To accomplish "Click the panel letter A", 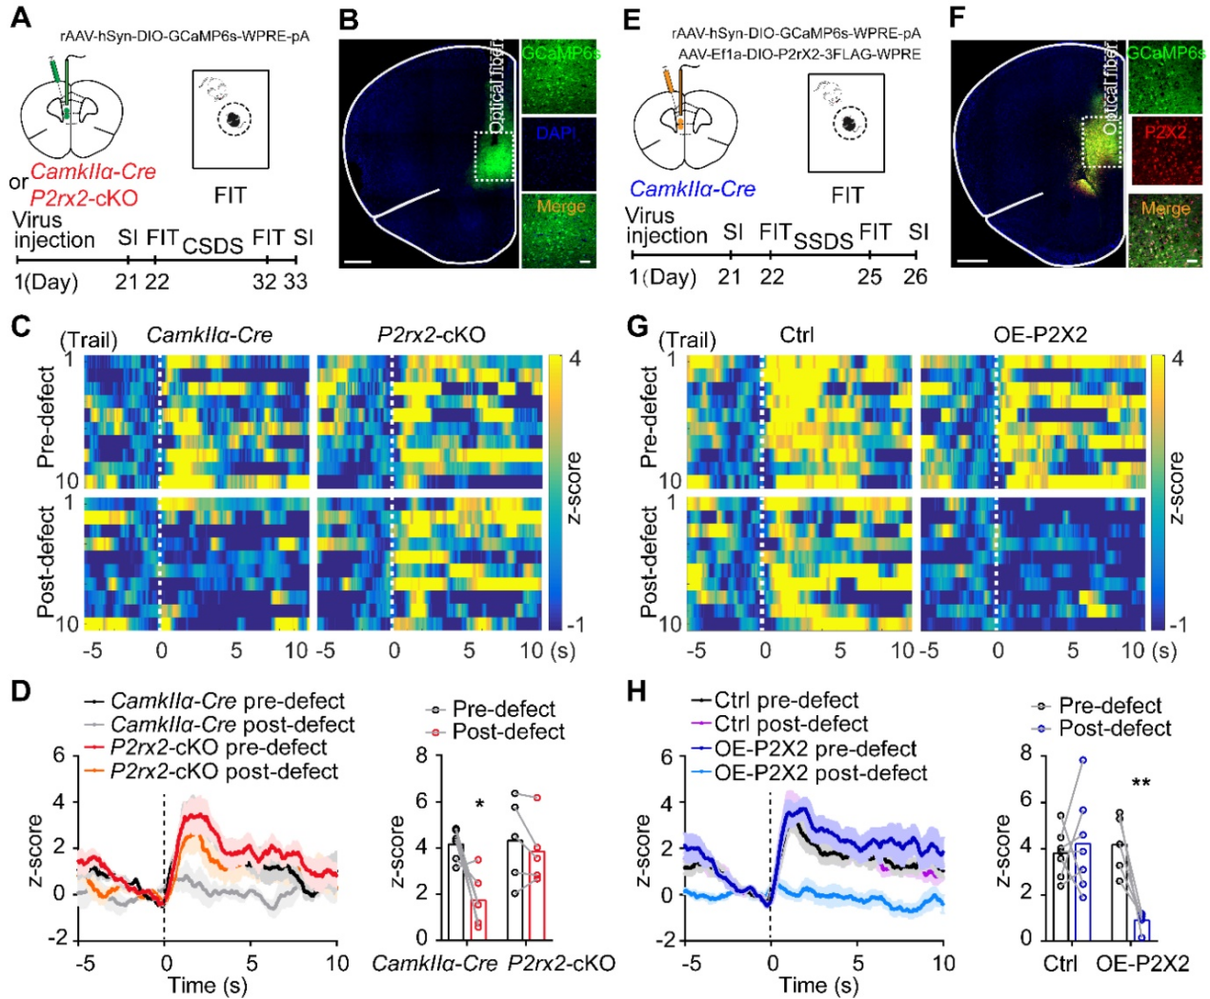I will click(x=20, y=18).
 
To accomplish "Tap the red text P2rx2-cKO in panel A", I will click(x=84, y=198).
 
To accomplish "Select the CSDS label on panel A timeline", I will click(x=213, y=246).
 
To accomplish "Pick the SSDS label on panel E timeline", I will click(x=824, y=241).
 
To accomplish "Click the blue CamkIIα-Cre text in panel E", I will click(x=693, y=190).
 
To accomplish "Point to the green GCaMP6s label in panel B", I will click(x=561, y=53).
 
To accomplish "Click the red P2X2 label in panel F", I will click(x=1166, y=132).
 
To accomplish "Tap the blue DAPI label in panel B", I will click(x=556, y=133).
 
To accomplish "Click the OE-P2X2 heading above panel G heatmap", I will click(x=1039, y=335).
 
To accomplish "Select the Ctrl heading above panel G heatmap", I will click(x=797, y=335).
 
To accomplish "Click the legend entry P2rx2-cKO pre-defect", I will click(x=218, y=748).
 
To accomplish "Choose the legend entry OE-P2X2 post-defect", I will click(x=820, y=772).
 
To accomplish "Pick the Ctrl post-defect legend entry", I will click(x=791, y=724).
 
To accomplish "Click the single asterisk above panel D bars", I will click(x=480, y=806).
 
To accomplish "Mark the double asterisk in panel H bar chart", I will click(x=1141, y=785).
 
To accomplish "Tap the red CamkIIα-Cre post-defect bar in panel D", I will click(x=477, y=919).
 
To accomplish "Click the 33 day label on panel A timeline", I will click(x=295, y=281).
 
